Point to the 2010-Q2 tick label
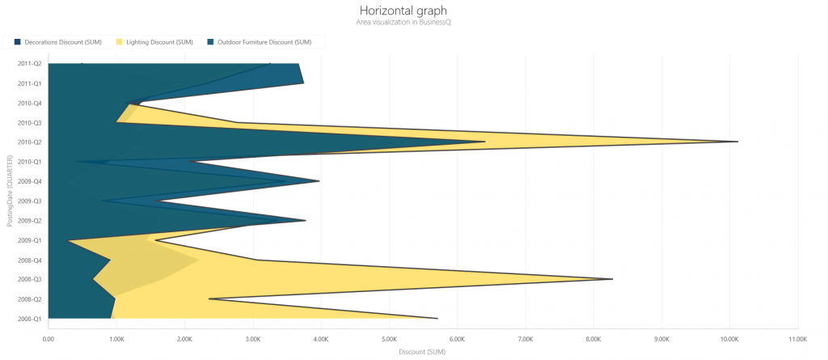[30, 142]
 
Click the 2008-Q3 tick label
[30, 279]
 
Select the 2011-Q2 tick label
[30, 64]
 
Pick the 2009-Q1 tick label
[30, 240]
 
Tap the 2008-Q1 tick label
[30, 319]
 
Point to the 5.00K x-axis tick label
[389, 339]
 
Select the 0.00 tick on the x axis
[49, 339]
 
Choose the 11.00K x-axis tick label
[797, 339]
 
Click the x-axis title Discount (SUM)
[422, 352]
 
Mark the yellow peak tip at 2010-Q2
[737, 142]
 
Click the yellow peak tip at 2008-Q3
[612, 279]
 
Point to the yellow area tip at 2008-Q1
[437, 318]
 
